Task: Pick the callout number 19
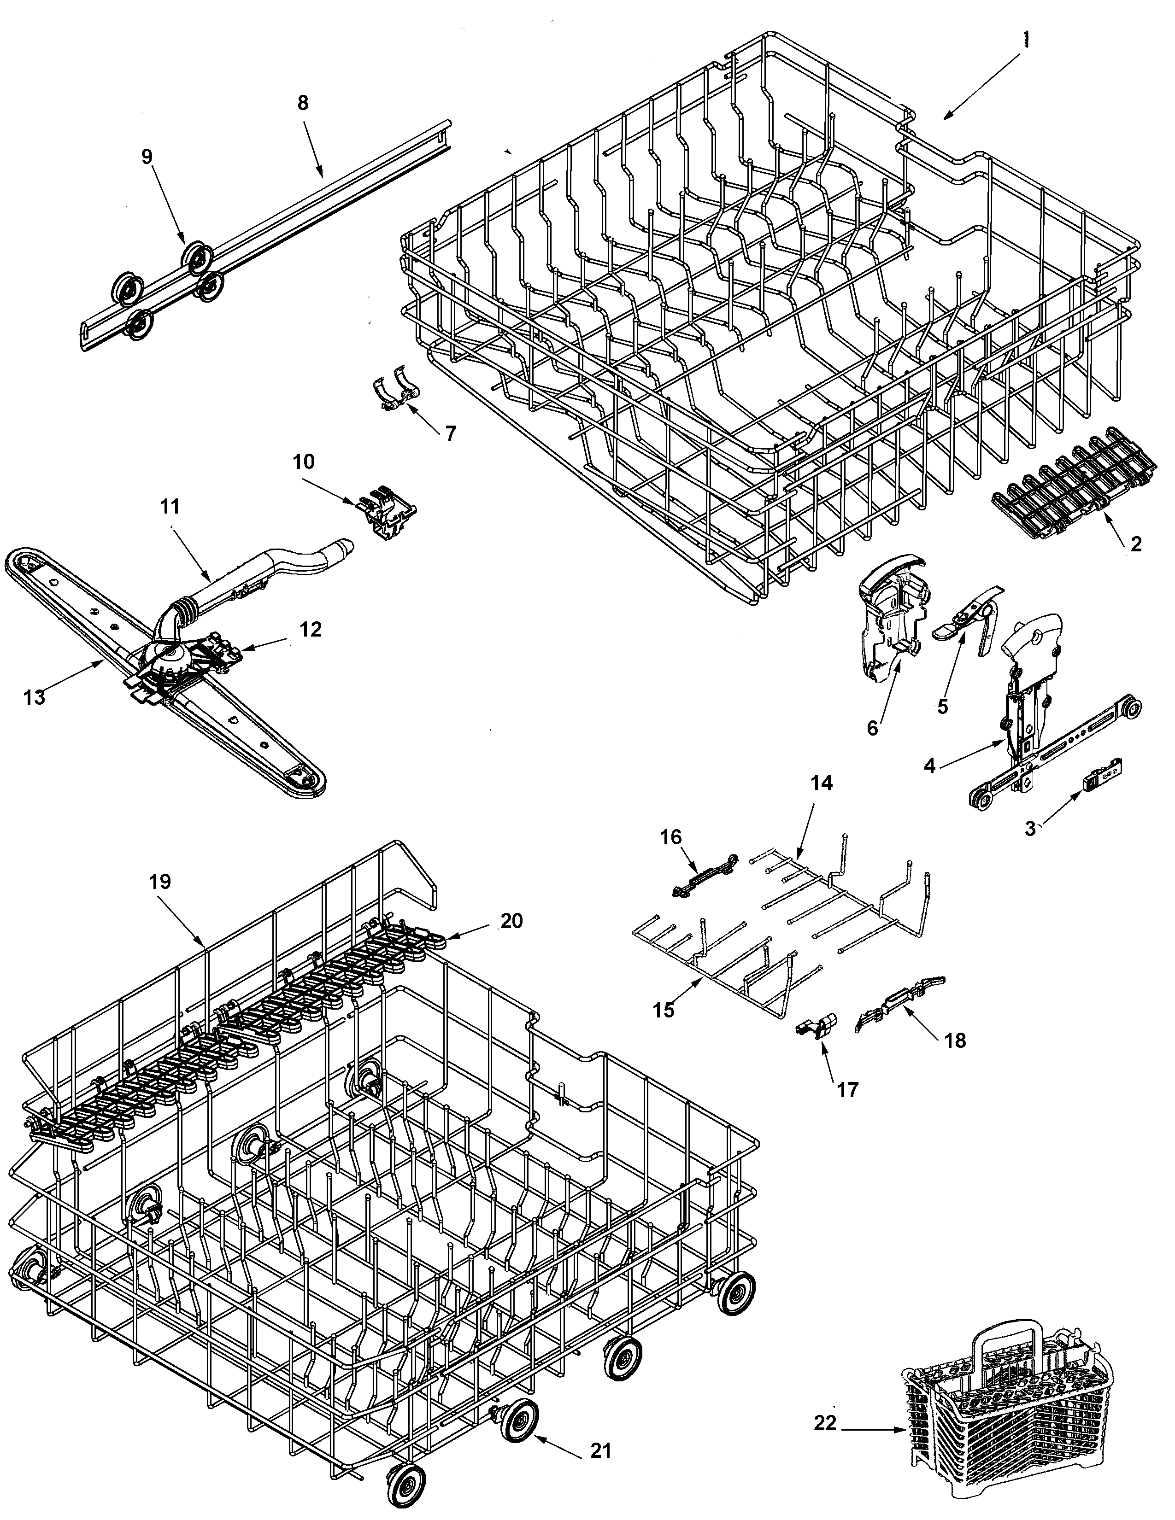pos(159,882)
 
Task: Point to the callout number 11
pos(170,507)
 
